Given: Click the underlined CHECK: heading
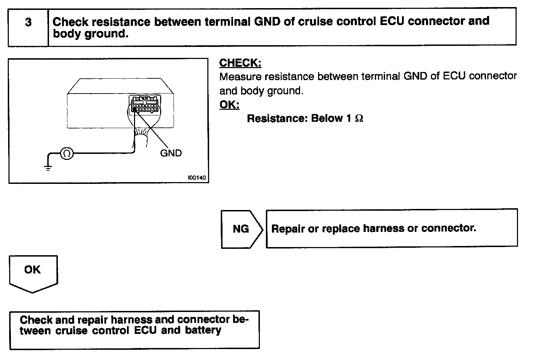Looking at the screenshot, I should [240, 63].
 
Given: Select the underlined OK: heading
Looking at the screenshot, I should [229, 105].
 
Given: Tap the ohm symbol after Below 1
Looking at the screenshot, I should [359, 119].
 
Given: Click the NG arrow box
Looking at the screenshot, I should [241, 229].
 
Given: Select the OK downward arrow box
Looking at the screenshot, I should [32, 272].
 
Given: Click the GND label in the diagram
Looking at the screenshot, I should [171, 153].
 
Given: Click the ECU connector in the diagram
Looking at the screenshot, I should [145, 104].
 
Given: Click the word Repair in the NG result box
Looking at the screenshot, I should [288, 229].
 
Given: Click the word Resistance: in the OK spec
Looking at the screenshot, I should [277, 119].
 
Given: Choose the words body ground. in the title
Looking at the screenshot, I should [90, 34].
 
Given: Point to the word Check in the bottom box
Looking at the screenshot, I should [36, 320].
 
